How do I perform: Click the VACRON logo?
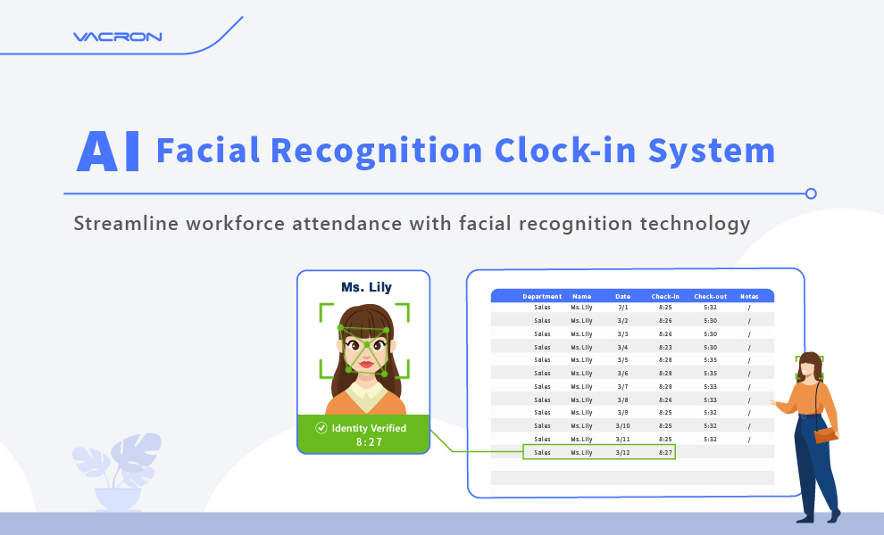(117, 37)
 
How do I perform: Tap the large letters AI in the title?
(108, 151)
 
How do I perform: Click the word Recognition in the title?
(376, 152)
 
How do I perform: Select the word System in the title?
(712, 152)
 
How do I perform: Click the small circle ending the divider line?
(811, 193)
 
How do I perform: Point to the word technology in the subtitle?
(695, 224)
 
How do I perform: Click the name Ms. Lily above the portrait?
(366, 287)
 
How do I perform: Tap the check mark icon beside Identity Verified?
(321, 428)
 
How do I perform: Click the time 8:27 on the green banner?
(369, 442)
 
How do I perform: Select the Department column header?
(542, 296)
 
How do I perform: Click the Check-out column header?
(711, 296)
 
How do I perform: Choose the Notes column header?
(749, 296)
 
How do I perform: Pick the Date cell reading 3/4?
(622, 348)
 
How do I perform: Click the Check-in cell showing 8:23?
(665, 348)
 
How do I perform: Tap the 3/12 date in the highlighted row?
(622, 453)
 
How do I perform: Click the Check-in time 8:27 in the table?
(665, 453)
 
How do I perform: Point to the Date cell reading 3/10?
(622, 426)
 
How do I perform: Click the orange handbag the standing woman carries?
(825, 435)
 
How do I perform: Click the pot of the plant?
(118, 499)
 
